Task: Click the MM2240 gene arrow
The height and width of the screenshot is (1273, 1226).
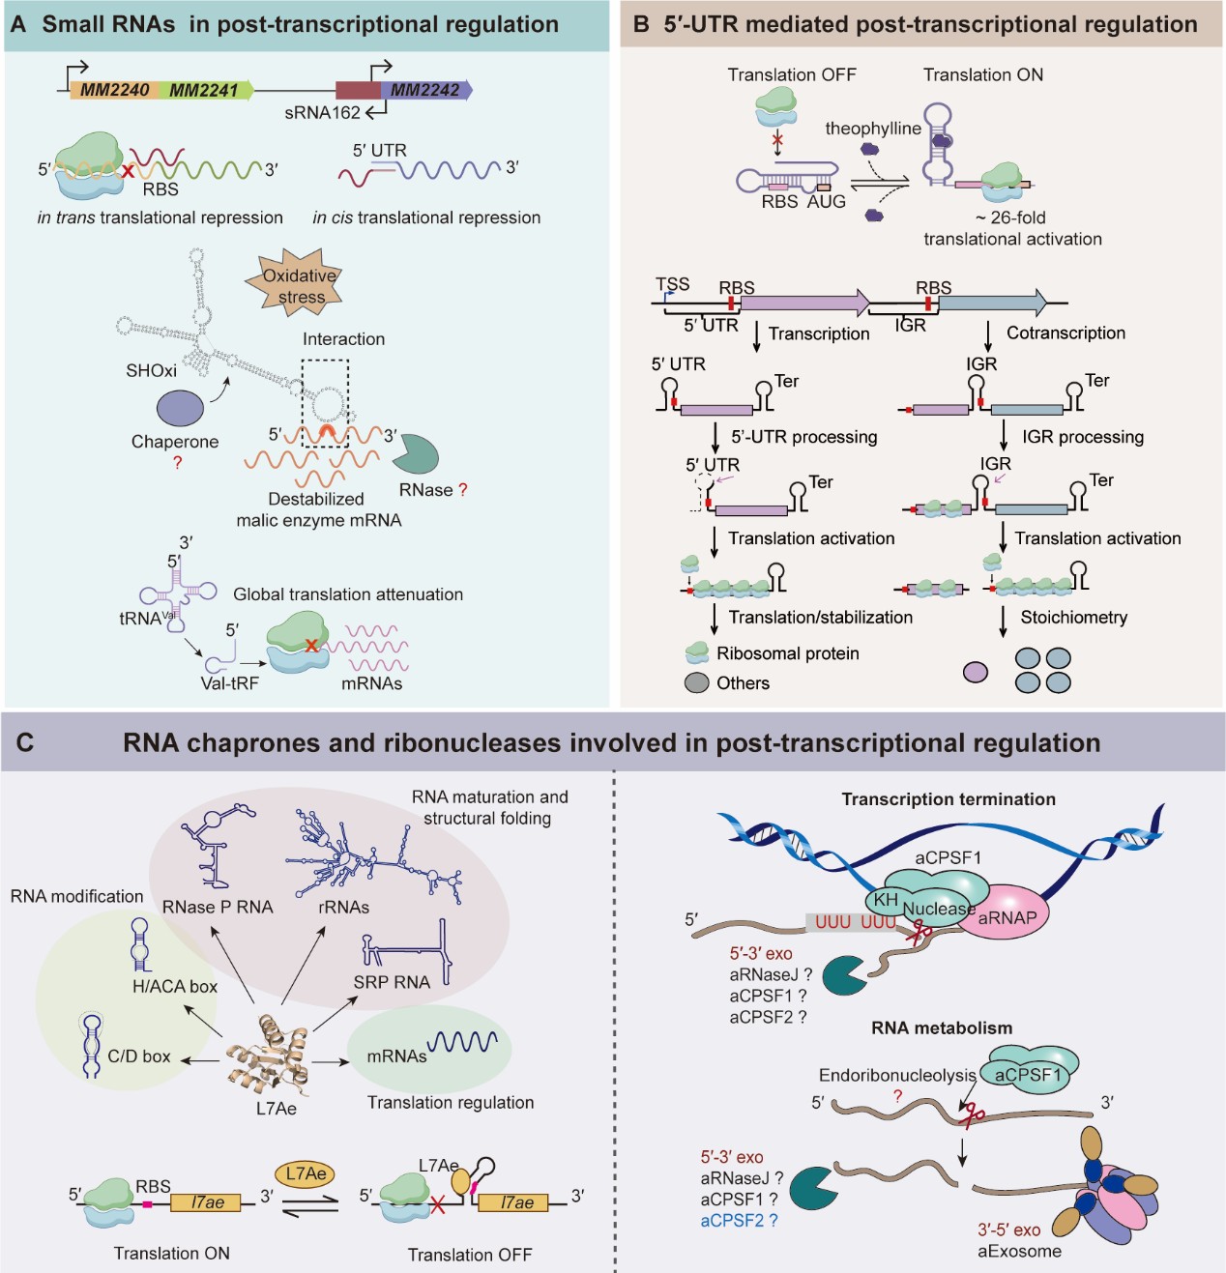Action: point(113,91)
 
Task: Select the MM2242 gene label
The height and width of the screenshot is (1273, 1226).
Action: point(424,91)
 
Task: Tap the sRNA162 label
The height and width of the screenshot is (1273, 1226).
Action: point(322,113)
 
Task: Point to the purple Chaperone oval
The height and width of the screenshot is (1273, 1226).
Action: point(180,408)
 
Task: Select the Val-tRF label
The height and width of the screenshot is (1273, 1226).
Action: point(229,683)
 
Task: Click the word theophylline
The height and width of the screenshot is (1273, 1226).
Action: point(872,129)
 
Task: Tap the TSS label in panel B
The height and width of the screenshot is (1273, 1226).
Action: point(673,284)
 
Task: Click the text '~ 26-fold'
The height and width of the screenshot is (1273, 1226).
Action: point(1010,217)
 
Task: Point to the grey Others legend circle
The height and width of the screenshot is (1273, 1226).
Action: point(697,683)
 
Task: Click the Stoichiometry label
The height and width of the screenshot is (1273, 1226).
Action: point(1073,618)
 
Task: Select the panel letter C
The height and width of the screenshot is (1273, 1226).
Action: point(25,742)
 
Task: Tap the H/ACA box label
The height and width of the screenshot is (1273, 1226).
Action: point(175,987)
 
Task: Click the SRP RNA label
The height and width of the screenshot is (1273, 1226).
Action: point(392,982)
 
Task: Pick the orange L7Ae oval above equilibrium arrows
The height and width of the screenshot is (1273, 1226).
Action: point(306,1173)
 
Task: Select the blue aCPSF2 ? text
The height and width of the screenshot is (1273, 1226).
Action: point(739,1221)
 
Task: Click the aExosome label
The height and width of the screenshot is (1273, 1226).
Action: point(1019,1252)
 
